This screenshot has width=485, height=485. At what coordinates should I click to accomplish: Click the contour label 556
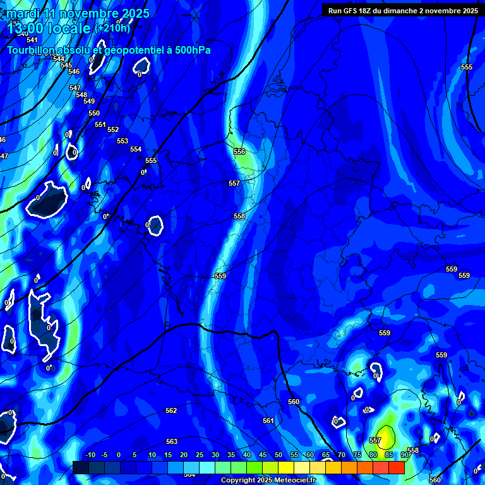click(239, 152)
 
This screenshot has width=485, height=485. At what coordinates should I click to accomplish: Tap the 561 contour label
click(268, 421)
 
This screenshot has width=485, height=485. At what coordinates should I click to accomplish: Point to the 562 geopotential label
click(171, 411)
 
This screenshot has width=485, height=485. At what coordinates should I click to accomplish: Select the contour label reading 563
click(172, 441)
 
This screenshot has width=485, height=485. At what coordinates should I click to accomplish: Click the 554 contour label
click(136, 150)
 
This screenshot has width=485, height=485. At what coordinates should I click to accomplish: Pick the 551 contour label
click(100, 125)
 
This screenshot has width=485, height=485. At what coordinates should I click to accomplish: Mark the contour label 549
click(89, 102)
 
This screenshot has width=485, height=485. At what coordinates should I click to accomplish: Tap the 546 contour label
click(74, 72)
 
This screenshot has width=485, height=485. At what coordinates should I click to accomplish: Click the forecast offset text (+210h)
click(112, 28)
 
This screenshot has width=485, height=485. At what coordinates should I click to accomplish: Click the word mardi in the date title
click(23, 13)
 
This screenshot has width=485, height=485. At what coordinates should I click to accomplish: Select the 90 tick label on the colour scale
click(404, 455)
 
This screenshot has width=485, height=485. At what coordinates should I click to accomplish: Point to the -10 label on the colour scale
click(90, 455)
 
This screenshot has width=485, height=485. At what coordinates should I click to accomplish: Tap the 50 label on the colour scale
click(278, 455)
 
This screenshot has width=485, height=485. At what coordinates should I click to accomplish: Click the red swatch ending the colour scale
click(396, 467)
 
